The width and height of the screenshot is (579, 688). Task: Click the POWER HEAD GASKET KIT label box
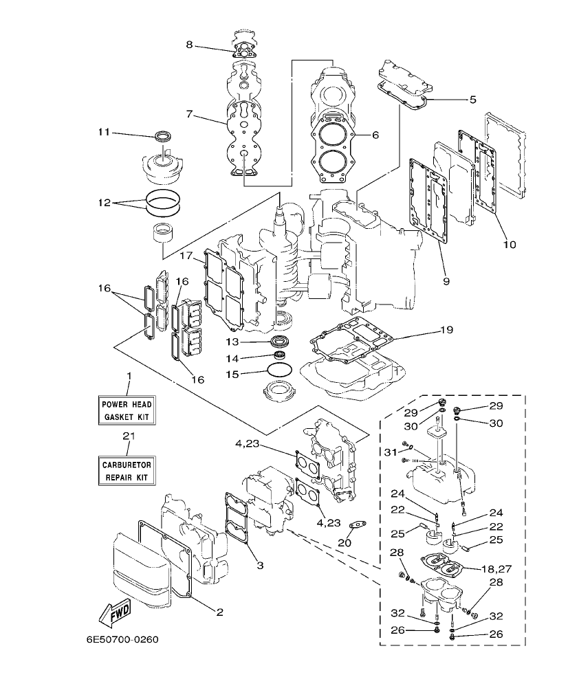coord(126,410)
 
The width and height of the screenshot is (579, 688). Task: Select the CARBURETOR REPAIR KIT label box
coord(126,470)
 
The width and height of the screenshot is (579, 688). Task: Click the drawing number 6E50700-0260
coord(122,640)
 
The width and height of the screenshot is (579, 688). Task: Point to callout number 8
coord(189,45)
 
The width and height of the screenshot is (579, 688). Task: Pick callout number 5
coord(472,99)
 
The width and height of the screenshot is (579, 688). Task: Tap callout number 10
coord(510,244)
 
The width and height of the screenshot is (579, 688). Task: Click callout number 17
coord(186,256)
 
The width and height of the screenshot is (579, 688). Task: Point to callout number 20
coord(345,543)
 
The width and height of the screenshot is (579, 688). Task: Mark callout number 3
coord(260,566)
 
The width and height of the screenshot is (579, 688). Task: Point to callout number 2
coord(219,611)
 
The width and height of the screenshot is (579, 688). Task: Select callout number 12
coord(105,203)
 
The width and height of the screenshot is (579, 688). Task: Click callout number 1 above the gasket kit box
coord(128,375)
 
